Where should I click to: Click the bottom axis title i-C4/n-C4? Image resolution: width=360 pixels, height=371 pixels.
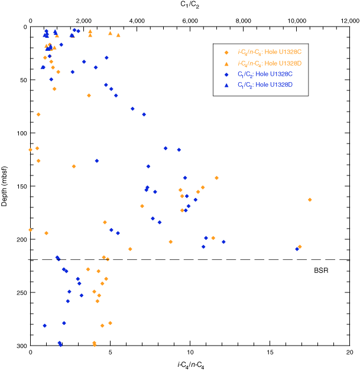tap(190, 365)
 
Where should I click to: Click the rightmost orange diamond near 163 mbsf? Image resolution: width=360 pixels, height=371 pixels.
tap(310, 200)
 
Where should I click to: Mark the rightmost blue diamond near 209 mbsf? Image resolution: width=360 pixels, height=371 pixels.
tap(297, 249)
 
